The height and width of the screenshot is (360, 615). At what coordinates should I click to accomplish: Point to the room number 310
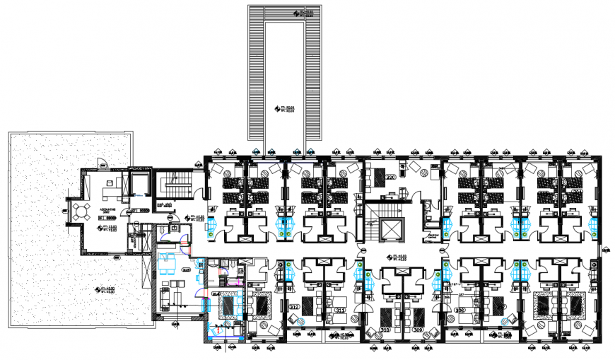[x=385, y=330]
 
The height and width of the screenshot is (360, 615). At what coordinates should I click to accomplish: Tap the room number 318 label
[x=187, y=269]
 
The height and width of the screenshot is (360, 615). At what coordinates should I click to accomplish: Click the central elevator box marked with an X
[x=389, y=228]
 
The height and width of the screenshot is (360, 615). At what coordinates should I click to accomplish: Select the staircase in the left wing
[x=172, y=185]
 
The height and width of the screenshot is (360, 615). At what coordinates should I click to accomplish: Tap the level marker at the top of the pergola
[x=304, y=13]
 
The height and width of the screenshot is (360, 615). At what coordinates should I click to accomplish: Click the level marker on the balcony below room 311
[x=344, y=335]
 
